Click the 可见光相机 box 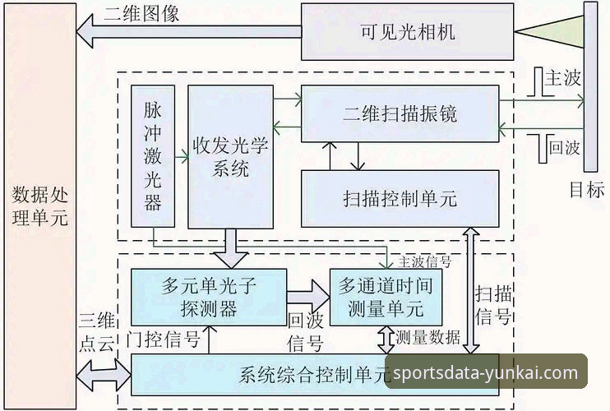point(407,32)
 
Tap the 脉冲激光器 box point(153,156)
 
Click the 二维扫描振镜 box point(400,113)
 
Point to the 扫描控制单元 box point(400,198)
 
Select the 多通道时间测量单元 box point(386,297)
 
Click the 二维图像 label point(141,14)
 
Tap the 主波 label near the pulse point(564,78)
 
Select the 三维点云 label point(95,332)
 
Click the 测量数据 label point(428,337)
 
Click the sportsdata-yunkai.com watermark point(485,373)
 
